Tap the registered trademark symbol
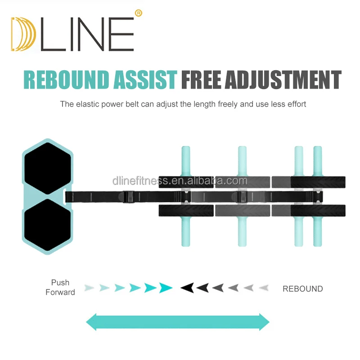click(138, 13)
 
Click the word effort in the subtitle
click(295, 104)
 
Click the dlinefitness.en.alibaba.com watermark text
click(180, 181)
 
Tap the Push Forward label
click(60, 288)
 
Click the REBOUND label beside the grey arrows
click(302, 289)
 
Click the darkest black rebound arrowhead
click(187, 288)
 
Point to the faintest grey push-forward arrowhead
click(90, 288)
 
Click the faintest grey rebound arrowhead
click(264, 288)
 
